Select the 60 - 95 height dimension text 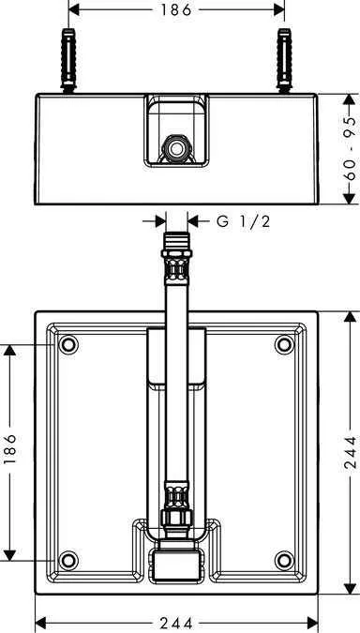(349, 147)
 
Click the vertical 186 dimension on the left (10, 455)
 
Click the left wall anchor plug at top (68, 61)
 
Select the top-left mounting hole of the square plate (67, 346)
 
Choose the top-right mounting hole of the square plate (284, 346)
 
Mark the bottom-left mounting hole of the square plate (67, 562)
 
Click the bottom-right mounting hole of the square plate (284, 562)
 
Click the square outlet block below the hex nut (175, 564)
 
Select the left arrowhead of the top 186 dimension (74, 11)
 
